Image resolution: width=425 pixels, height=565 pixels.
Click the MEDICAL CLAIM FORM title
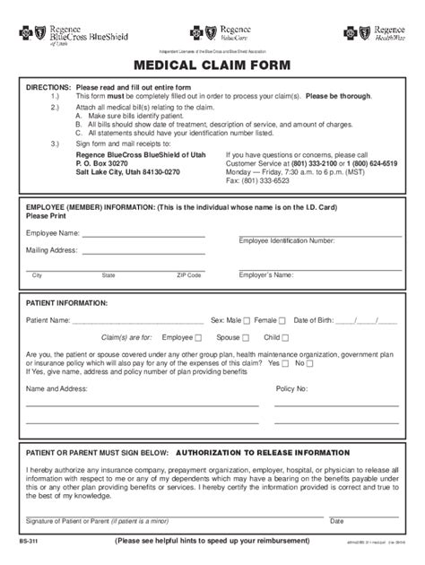click(x=212, y=65)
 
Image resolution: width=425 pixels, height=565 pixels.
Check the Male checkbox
click(x=247, y=320)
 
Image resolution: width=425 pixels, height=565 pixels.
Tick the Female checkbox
click(x=282, y=320)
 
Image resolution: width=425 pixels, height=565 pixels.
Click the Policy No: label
click(x=291, y=388)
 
